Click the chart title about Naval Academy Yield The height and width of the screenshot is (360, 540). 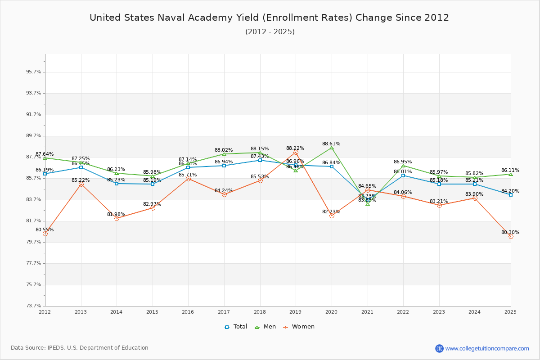tap(269, 18)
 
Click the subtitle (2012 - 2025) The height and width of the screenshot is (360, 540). tap(270, 32)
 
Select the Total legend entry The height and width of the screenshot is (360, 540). tap(236, 327)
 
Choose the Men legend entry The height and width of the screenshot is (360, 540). tap(265, 327)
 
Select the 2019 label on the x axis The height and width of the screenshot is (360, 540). tap(295, 312)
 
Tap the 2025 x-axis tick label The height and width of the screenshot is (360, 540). tap(510, 312)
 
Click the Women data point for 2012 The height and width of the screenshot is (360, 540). tap(45, 234)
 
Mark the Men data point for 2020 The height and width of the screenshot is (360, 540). tap(332, 148)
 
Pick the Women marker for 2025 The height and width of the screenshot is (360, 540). tap(511, 236)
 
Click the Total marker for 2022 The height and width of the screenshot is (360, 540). tap(403, 175)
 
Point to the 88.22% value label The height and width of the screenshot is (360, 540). tap(295, 148)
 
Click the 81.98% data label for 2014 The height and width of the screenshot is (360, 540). tap(116, 215)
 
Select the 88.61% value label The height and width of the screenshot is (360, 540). tap(331, 144)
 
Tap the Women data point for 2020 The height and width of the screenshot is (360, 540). tap(332, 216)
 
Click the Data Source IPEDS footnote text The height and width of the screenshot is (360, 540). tap(80, 348)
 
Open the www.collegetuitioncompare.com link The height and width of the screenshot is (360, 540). tap(487, 348)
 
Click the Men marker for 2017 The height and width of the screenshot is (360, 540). tap(224, 154)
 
